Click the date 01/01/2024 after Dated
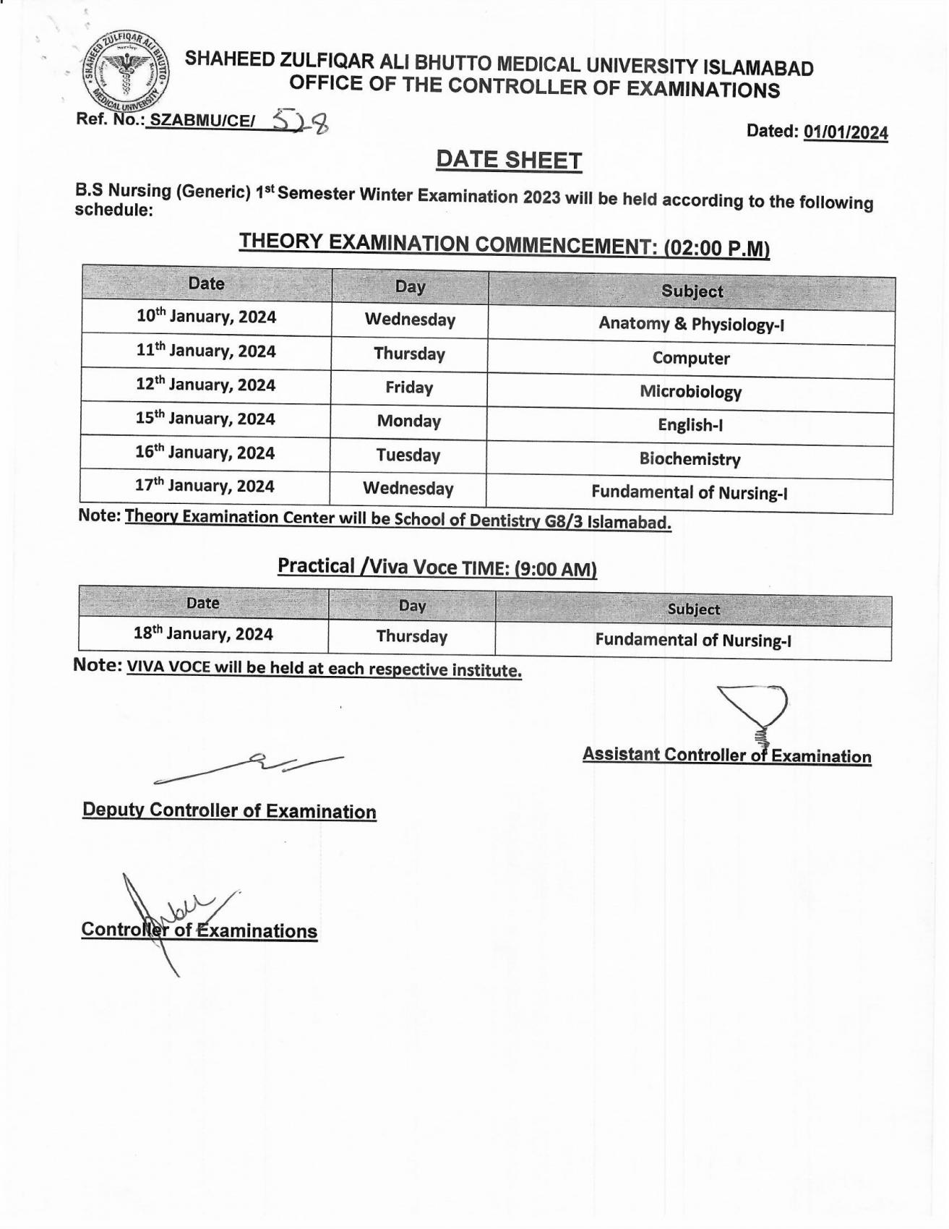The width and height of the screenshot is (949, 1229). (x=845, y=132)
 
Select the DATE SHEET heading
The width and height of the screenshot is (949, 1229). (x=509, y=160)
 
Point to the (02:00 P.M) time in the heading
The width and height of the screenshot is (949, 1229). (x=716, y=249)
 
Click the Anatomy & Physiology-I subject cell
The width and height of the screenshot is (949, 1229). (x=691, y=325)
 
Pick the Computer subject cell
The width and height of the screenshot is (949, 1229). (x=691, y=359)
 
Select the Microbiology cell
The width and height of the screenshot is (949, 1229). (x=690, y=392)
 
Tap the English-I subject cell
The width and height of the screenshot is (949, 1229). (x=690, y=425)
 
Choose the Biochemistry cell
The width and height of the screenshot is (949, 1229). (x=690, y=459)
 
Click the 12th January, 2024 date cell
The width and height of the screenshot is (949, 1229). (x=206, y=385)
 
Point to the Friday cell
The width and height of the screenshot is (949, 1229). (x=409, y=388)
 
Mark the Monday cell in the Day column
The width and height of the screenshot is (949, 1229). (x=408, y=421)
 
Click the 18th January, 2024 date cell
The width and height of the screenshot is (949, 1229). (x=203, y=634)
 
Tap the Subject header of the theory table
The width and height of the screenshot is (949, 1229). (x=692, y=291)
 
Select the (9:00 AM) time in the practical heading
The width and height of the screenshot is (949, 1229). (x=555, y=570)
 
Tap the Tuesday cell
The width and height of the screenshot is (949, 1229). (x=408, y=455)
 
